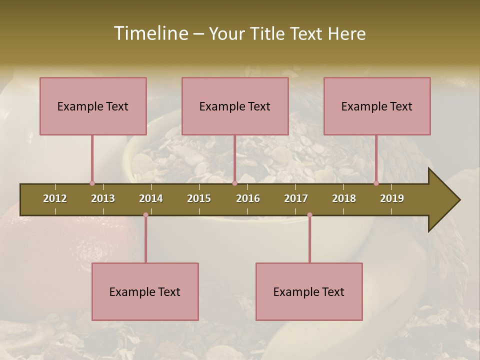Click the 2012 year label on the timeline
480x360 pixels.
[55, 198]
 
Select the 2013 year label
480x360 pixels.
[103, 198]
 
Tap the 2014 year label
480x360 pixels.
[151, 198]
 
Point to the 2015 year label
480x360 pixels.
[199, 198]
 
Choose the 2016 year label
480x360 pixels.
[248, 198]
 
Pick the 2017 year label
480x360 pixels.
[296, 198]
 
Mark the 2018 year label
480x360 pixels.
[344, 198]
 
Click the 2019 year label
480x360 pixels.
[392, 198]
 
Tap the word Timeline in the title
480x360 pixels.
[150, 33]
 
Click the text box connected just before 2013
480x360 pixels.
[93, 106]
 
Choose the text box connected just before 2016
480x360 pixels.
[235, 106]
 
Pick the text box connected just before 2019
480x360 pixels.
[377, 106]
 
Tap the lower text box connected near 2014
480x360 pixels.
[145, 291]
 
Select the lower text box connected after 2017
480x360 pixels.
[309, 291]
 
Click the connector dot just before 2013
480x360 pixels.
[92, 183]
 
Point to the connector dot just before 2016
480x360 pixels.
[234, 183]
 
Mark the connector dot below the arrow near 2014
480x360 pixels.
[145, 215]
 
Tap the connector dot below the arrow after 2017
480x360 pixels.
[309, 215]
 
